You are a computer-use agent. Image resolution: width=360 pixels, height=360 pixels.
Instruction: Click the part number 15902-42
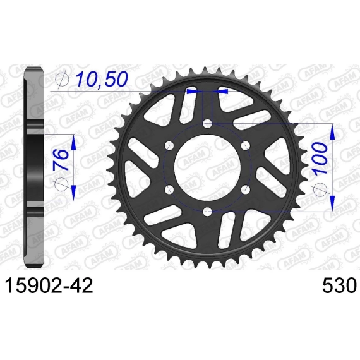49,285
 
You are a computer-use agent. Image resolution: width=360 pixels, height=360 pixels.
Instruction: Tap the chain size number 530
339,285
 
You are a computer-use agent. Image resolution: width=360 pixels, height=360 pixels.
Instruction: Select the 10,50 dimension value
102,79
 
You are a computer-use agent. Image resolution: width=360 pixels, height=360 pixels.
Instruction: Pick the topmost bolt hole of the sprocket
207,124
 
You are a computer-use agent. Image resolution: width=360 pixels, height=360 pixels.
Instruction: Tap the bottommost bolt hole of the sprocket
207,210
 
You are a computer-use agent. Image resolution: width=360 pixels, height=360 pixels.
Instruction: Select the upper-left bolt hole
170,145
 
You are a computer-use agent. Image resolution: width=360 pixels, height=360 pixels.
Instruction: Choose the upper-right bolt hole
245,145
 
